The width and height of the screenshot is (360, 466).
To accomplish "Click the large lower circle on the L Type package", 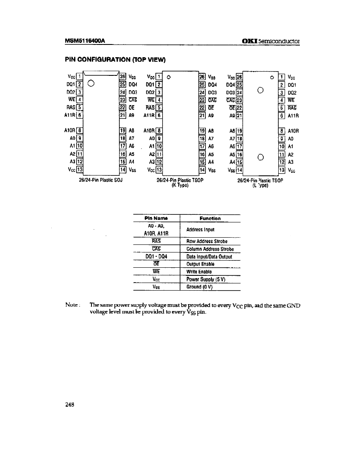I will click(x=261, y=158).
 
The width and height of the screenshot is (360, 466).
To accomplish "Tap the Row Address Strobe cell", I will click(x=207, y=241).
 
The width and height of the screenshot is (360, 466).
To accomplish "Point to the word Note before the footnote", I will click(x=70, y=305).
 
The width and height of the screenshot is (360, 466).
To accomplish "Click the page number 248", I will click(x=70, y=405).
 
